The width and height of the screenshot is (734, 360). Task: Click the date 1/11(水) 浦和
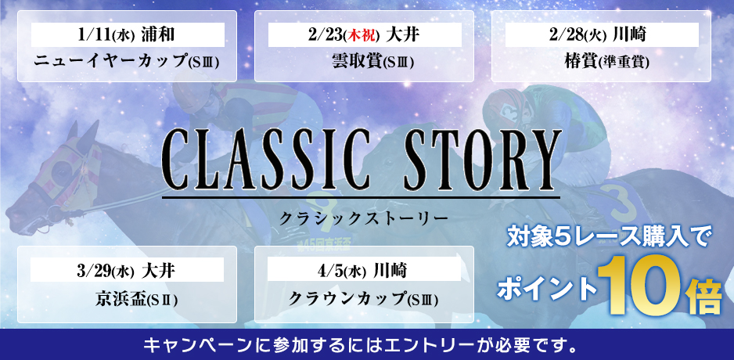tap(127, 35)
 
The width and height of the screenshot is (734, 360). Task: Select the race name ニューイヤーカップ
tap(110, 62)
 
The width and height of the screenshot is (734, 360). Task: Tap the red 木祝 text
tap(362, 36)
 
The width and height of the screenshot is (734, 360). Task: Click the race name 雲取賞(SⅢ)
tap(364, 62)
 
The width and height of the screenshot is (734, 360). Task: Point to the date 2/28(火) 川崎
tap(602, 35)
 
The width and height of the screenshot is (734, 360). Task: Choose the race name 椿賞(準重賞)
tap(601, 62)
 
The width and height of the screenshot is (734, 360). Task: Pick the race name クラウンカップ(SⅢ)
tap(364, 299)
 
